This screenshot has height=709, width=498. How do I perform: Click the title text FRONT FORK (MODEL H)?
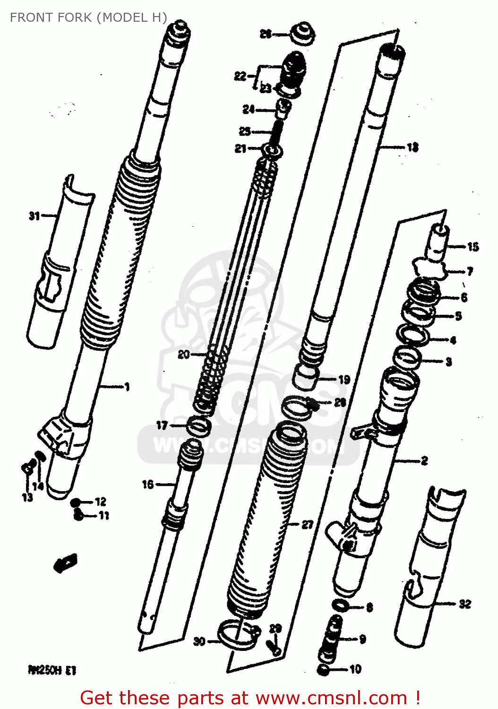(x=88, y=17)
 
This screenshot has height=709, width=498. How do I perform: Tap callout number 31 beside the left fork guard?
(x=34, y=216)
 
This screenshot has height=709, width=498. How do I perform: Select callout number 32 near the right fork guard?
(x=465, y=604)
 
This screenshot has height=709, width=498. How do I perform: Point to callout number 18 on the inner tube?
(x=412, y=147)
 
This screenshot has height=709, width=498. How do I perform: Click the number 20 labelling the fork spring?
(x=184, y=354)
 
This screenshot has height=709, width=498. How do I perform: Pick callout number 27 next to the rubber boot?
(x=308, y=524)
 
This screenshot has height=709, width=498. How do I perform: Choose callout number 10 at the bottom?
(x=355, y=669)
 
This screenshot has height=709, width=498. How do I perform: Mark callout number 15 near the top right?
(x=472, y=246)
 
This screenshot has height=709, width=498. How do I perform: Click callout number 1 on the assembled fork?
(x=127, y=387)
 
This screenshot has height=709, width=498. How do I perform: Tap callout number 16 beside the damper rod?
(x=148, y=484)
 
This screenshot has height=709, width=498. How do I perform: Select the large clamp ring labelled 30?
(x=235, y=636)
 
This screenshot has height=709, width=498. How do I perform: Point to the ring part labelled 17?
(x=198, y=426)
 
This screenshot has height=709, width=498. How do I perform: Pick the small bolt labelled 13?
(x=27, y=468)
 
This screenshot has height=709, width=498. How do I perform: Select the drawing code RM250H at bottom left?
(x=52, y=670)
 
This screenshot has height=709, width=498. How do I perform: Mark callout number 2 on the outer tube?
(x=424, y=460)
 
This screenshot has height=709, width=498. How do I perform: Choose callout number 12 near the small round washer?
(x=101, y=501)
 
